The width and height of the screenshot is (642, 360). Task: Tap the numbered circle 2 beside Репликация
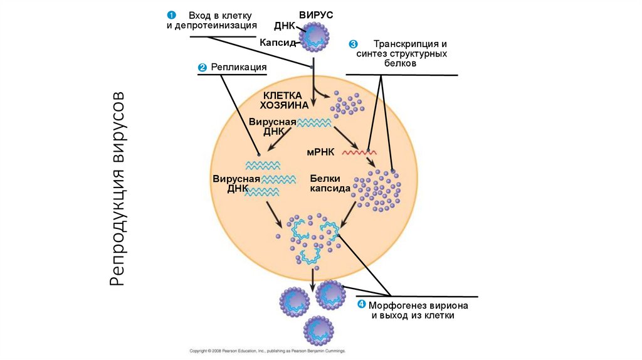pyautogui.click(x=202, y=67)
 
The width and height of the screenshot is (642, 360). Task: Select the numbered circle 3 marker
pyautogui.click(x=353, y=44)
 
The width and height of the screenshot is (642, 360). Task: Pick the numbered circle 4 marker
pyautogui.click(x=361, y=305)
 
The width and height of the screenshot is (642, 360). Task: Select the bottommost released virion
pyautogui.click(x=319, y=330)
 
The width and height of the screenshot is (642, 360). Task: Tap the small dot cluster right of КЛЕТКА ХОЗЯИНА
pyautogui.click(x=347, y=103)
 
